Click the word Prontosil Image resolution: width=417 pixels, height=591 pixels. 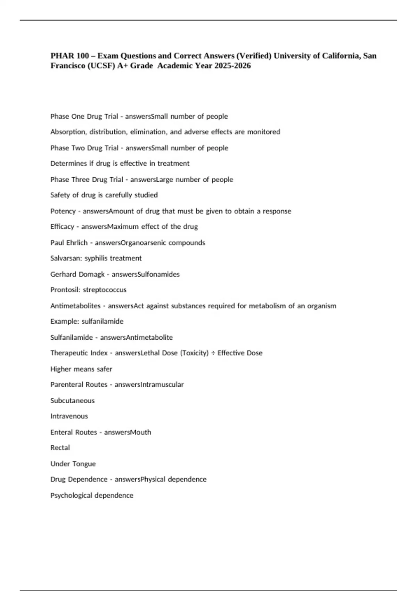[x=65, y=290]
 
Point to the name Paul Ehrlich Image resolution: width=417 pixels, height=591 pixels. [x=69, y=243]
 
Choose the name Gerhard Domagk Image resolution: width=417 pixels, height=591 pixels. [x=77, y=274]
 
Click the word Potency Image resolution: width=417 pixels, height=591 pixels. [x=63, y=211]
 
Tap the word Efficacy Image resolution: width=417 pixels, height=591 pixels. [x=62, y=227]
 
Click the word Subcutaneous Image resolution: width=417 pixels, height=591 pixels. [x=72, y=400]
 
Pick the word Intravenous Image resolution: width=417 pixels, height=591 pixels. [x=69, y=416]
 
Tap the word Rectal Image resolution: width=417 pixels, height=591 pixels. [x=60, y=448]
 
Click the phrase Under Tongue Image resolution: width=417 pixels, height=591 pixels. [x=73, y=464]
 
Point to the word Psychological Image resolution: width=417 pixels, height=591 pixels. [x=71, y=495]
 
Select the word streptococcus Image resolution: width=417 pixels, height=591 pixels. [x=105, y=290]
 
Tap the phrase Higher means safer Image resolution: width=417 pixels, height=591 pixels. [x=81, y=369]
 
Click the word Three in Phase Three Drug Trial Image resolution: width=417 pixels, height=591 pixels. [x=80, y=180]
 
